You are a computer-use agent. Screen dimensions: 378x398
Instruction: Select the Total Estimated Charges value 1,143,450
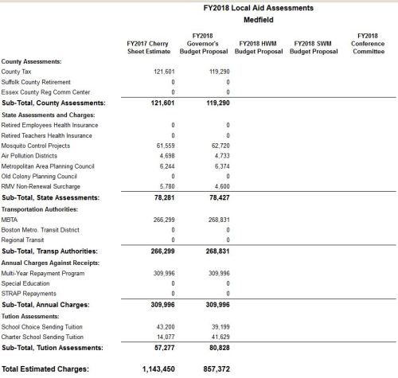pyautogui.click(x=158, y=369)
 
